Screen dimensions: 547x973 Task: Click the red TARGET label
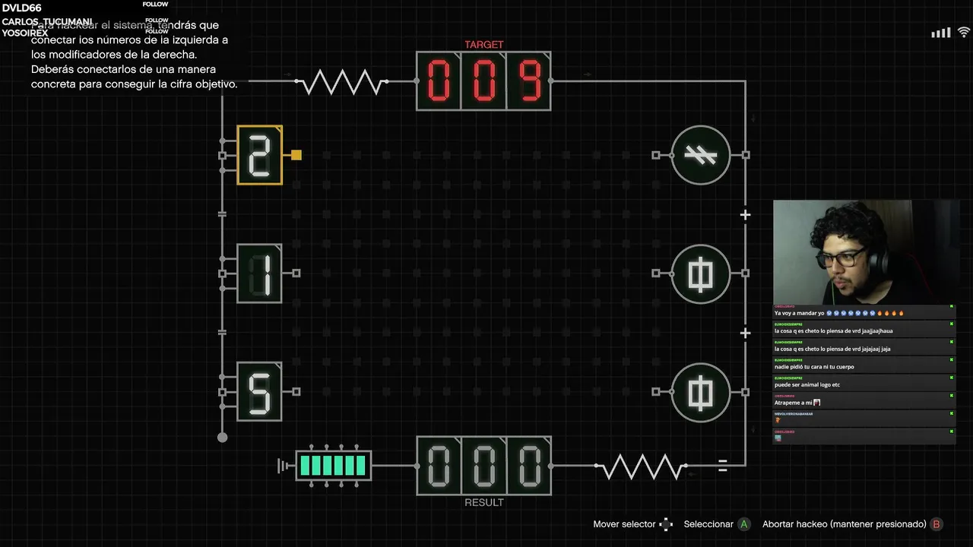click(x=483, y=45)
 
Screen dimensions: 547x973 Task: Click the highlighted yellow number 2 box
click(x=259, y=155)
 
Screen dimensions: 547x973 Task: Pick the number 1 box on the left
click(x=259, y=273)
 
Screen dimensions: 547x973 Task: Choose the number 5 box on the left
click(x=259, y=391)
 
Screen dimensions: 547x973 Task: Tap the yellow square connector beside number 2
click(x=296, y=155)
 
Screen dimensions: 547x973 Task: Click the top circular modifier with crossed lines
click(x=700, y=155)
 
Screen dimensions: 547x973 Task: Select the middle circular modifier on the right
click(x=700, y=273)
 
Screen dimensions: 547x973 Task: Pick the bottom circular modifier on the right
click(x=700, y=391)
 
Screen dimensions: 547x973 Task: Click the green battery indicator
click(x=333, y=466)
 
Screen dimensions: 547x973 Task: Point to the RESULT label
click(x=483, y=502)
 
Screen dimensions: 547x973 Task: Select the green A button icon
click(x=744, y=524)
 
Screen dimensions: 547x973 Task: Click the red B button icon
click(x=937, y=524)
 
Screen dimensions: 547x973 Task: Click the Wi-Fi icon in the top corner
click(x=963, y=33)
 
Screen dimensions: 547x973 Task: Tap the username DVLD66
click(x=21, y=8)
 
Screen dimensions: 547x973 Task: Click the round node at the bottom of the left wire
click(x=222, y=437)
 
